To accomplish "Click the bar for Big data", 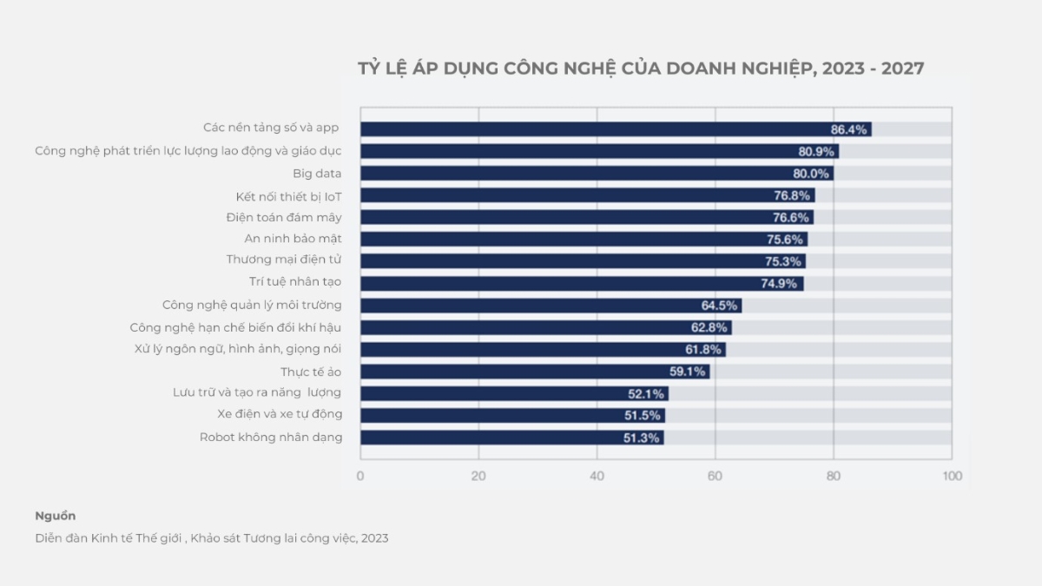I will point(597,173).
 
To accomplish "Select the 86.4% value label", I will point(848,129).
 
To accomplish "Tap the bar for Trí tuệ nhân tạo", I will point(582,283).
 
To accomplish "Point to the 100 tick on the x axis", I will point(953,476).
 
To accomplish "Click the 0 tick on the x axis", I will point(360,476).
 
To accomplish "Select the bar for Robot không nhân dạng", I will point(512,438).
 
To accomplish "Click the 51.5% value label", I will point(643,416).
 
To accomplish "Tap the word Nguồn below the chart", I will point(56,516).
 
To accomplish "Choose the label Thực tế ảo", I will point(311,372).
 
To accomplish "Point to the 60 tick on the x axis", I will point(715,476).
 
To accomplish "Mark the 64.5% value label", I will point(719,306).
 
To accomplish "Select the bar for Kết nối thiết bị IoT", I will point(587,195).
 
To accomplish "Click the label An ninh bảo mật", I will point(293,239).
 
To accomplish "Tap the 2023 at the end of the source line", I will point(374,538).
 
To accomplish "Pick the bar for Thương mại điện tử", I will point(583,261).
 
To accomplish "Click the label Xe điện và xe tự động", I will point(280,413).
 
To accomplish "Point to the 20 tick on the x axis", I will point(478,476).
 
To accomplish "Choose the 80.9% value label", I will point(816,151).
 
